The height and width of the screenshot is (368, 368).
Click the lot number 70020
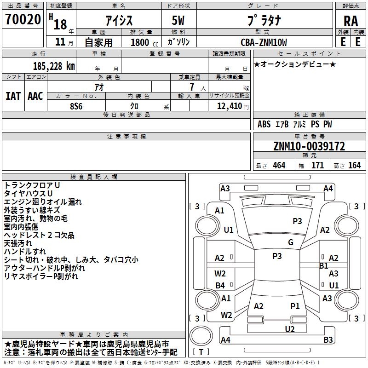click(x=23, y=19)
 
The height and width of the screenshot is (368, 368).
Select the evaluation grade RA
click(x=351, y=21)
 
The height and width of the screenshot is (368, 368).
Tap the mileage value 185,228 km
click(x=54, y=66)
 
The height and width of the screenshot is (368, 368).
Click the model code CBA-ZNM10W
click(x=264, y=42)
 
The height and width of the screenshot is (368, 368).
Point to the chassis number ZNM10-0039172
click(x=309, y=146)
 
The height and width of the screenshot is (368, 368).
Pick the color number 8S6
click(x=76, y=106)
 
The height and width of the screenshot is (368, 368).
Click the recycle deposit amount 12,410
click(x=229, y=106)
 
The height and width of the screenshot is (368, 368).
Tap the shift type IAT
click(x=13, y=96)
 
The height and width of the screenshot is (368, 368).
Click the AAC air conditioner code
click(x=35, y=96)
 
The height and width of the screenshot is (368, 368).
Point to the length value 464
click(x=279, y=165)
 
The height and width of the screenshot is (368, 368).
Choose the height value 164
click(x=354, y=165)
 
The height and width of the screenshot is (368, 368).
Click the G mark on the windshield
click(x=291, y=242)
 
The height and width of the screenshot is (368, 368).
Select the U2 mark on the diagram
click(x=290, y=329)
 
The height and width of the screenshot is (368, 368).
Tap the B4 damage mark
click(x=220, y=285)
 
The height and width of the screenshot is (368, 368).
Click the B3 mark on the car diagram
click(x=328, y=339)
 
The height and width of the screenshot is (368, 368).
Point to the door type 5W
click(x=178, y=20)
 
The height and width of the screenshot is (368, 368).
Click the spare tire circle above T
click(x=201, y=336)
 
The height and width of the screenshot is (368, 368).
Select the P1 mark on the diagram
click(x=295, y=306)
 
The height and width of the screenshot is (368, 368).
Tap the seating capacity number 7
click(x=192, y=87)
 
